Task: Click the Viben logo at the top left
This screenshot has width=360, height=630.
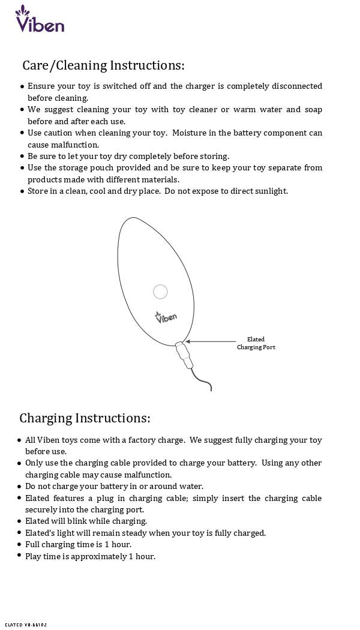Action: (x=39, y=20)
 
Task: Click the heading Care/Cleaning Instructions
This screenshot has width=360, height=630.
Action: (x=103, y=65)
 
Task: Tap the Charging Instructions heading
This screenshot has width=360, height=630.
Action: (x=85, y=418)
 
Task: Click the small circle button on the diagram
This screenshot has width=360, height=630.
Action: (x=160, y=292)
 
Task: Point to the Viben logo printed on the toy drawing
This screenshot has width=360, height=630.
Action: (x=166, y=317)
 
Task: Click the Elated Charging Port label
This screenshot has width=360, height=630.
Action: (x=256, y=343)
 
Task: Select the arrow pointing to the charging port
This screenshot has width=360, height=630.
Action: (x=210, y=342)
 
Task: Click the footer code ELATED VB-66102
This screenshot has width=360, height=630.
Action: (x=25, y=625)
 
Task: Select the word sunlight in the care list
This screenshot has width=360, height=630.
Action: (x=270, y=191)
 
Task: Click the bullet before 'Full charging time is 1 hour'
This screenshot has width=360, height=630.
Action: (x=20, y=544)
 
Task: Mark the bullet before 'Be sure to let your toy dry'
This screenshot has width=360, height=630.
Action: (x=22, y=156)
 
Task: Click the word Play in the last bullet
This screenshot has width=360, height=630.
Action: (x=34, y=556)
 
